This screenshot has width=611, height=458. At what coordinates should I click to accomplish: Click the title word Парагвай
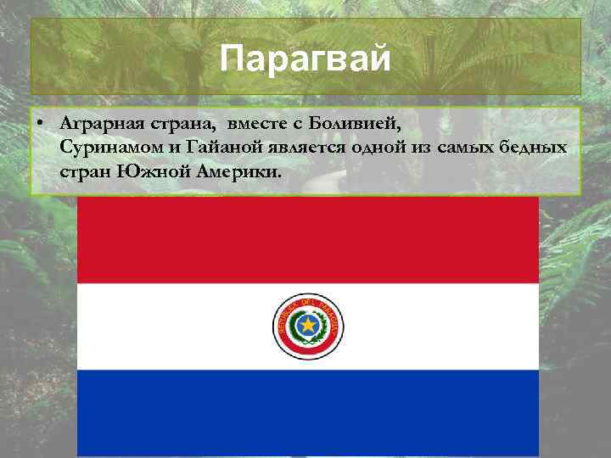click(305, 59)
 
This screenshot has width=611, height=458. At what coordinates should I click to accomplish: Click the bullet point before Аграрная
click(41, 124)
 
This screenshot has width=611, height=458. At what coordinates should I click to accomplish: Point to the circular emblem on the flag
click(307, 326)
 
